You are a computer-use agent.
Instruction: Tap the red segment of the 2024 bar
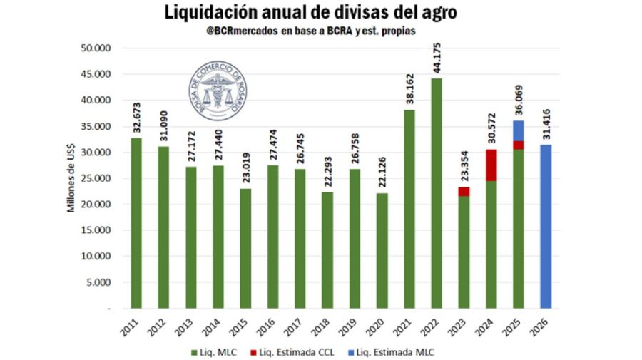click(491, 165)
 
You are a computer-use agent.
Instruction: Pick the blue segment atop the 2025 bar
click(519, 130)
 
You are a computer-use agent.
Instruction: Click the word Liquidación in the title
click(208, 12)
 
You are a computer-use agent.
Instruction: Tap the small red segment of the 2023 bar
click(464, 191)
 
